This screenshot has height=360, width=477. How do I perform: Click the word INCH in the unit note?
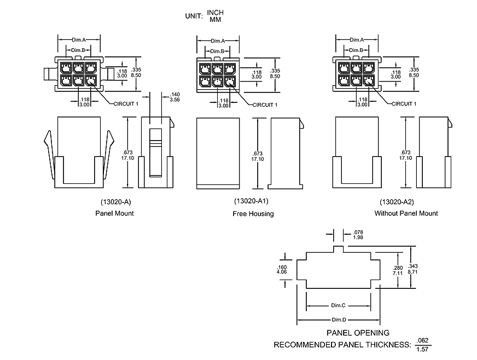point(216,12)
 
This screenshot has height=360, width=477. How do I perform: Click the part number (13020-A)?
point(114,201)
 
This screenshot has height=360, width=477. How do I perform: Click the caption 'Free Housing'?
point(253,213)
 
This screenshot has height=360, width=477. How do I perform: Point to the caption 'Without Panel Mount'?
point(406,213)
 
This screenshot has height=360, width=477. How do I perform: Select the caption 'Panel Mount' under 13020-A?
point(114,213)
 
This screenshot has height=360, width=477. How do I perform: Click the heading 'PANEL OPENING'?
point(358,333)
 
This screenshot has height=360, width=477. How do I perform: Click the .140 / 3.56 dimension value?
point(175,97)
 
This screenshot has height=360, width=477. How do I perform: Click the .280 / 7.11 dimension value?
point(398,270)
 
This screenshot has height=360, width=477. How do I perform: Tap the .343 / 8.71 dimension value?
point(413,269)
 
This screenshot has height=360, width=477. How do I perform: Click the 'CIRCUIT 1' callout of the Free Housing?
point(265,104)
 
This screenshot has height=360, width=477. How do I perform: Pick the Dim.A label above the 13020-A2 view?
point(357,40)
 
